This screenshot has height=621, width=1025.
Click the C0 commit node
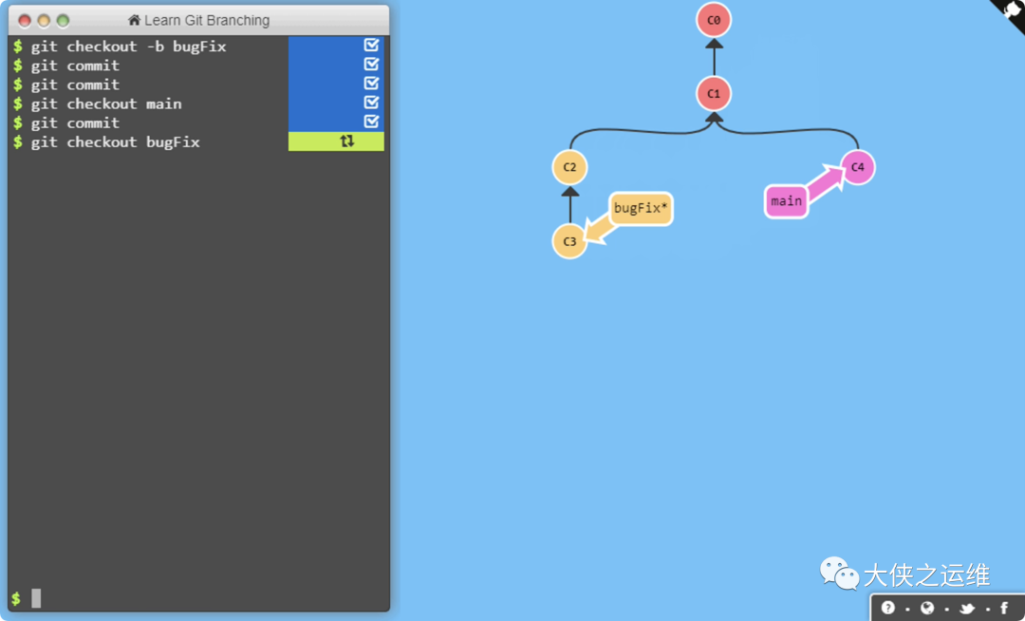coord(714,20)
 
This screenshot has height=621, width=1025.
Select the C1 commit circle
coord(714,94)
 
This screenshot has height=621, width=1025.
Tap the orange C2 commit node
coord(569,167)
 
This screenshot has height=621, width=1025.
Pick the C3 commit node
coord(569,241)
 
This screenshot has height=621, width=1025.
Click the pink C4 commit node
coord(857,167)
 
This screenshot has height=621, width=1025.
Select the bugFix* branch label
coord(641,208)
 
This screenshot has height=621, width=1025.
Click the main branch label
coord(786,201)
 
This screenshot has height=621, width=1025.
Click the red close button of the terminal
coord(25,21)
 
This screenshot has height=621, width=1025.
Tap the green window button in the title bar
coord(63,21)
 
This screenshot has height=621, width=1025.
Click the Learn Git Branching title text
coord(207,21)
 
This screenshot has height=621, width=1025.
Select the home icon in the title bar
coord(135,21)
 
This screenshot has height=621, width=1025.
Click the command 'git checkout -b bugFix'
coord(128,47)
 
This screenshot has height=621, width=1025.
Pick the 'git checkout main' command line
coord(105,103)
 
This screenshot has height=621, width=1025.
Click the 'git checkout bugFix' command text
coord(115,142)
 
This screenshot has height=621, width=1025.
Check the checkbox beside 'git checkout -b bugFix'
coord(371,46)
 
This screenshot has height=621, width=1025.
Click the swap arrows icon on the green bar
coord(346,141)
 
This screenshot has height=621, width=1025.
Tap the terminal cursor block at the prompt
coord(36,598)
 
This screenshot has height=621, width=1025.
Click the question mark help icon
coord(888,608)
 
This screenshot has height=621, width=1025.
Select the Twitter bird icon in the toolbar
coord(967,608)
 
